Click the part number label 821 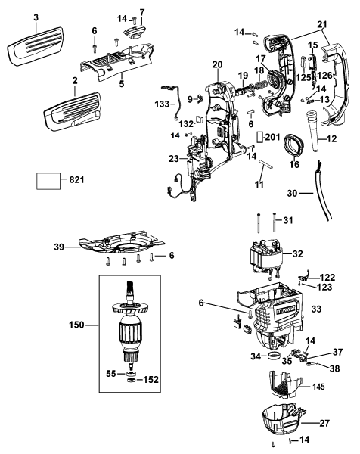(78, 182)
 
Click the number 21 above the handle (323, 25)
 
